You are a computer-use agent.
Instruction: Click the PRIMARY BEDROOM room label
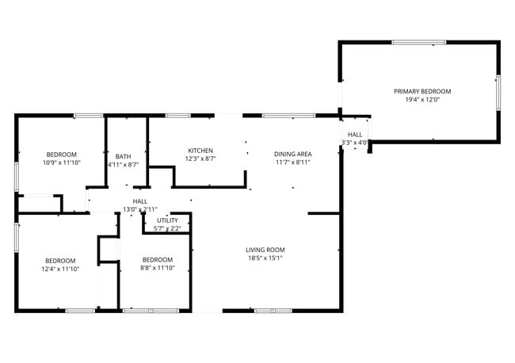pyautogui.click(x=422, y=91)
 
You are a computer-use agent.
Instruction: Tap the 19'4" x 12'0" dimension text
pyautogui.click(x=422, y=101)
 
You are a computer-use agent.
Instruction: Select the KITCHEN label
pyautogui.click(x=200, y=151)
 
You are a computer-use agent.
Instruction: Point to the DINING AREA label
pyautogui.click(x=293, y=154)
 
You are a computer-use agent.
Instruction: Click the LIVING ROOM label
pyautogui.click(x=265, y=250)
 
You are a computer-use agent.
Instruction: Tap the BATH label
pyautogui.click(x=123, y=156)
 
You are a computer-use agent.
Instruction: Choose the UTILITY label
pyautogui.click(x=167, y=220)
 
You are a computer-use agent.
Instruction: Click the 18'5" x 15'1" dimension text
pyautogui.click(x=265, y=258)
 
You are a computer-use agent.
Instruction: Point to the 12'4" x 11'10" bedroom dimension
pyautogui.click(x=60, y=269)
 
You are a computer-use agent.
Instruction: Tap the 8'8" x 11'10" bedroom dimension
pyautogui.click(x=157, y=269)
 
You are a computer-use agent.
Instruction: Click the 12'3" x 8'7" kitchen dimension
pyautogui.click(x=200, y=159)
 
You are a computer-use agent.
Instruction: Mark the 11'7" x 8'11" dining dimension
pyautogui.click(x=293, y=162)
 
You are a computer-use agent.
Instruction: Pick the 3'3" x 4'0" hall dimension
pyautogui.click(x=355, y=143)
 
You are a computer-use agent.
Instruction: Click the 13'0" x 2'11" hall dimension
pyautogui.click(x=140, y=210)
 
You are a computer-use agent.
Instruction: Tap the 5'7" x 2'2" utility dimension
pyautogui.click(x=167, y=228)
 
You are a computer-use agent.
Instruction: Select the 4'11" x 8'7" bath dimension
pyautogui.click(x=123, y=165)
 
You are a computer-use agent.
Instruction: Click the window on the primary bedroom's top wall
pyautogui.click(x=418, y=42)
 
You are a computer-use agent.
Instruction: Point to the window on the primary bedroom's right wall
pyautogui.click(x=498, y=92)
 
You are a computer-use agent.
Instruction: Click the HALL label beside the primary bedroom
pyautogui.click(x=355, y=135)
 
